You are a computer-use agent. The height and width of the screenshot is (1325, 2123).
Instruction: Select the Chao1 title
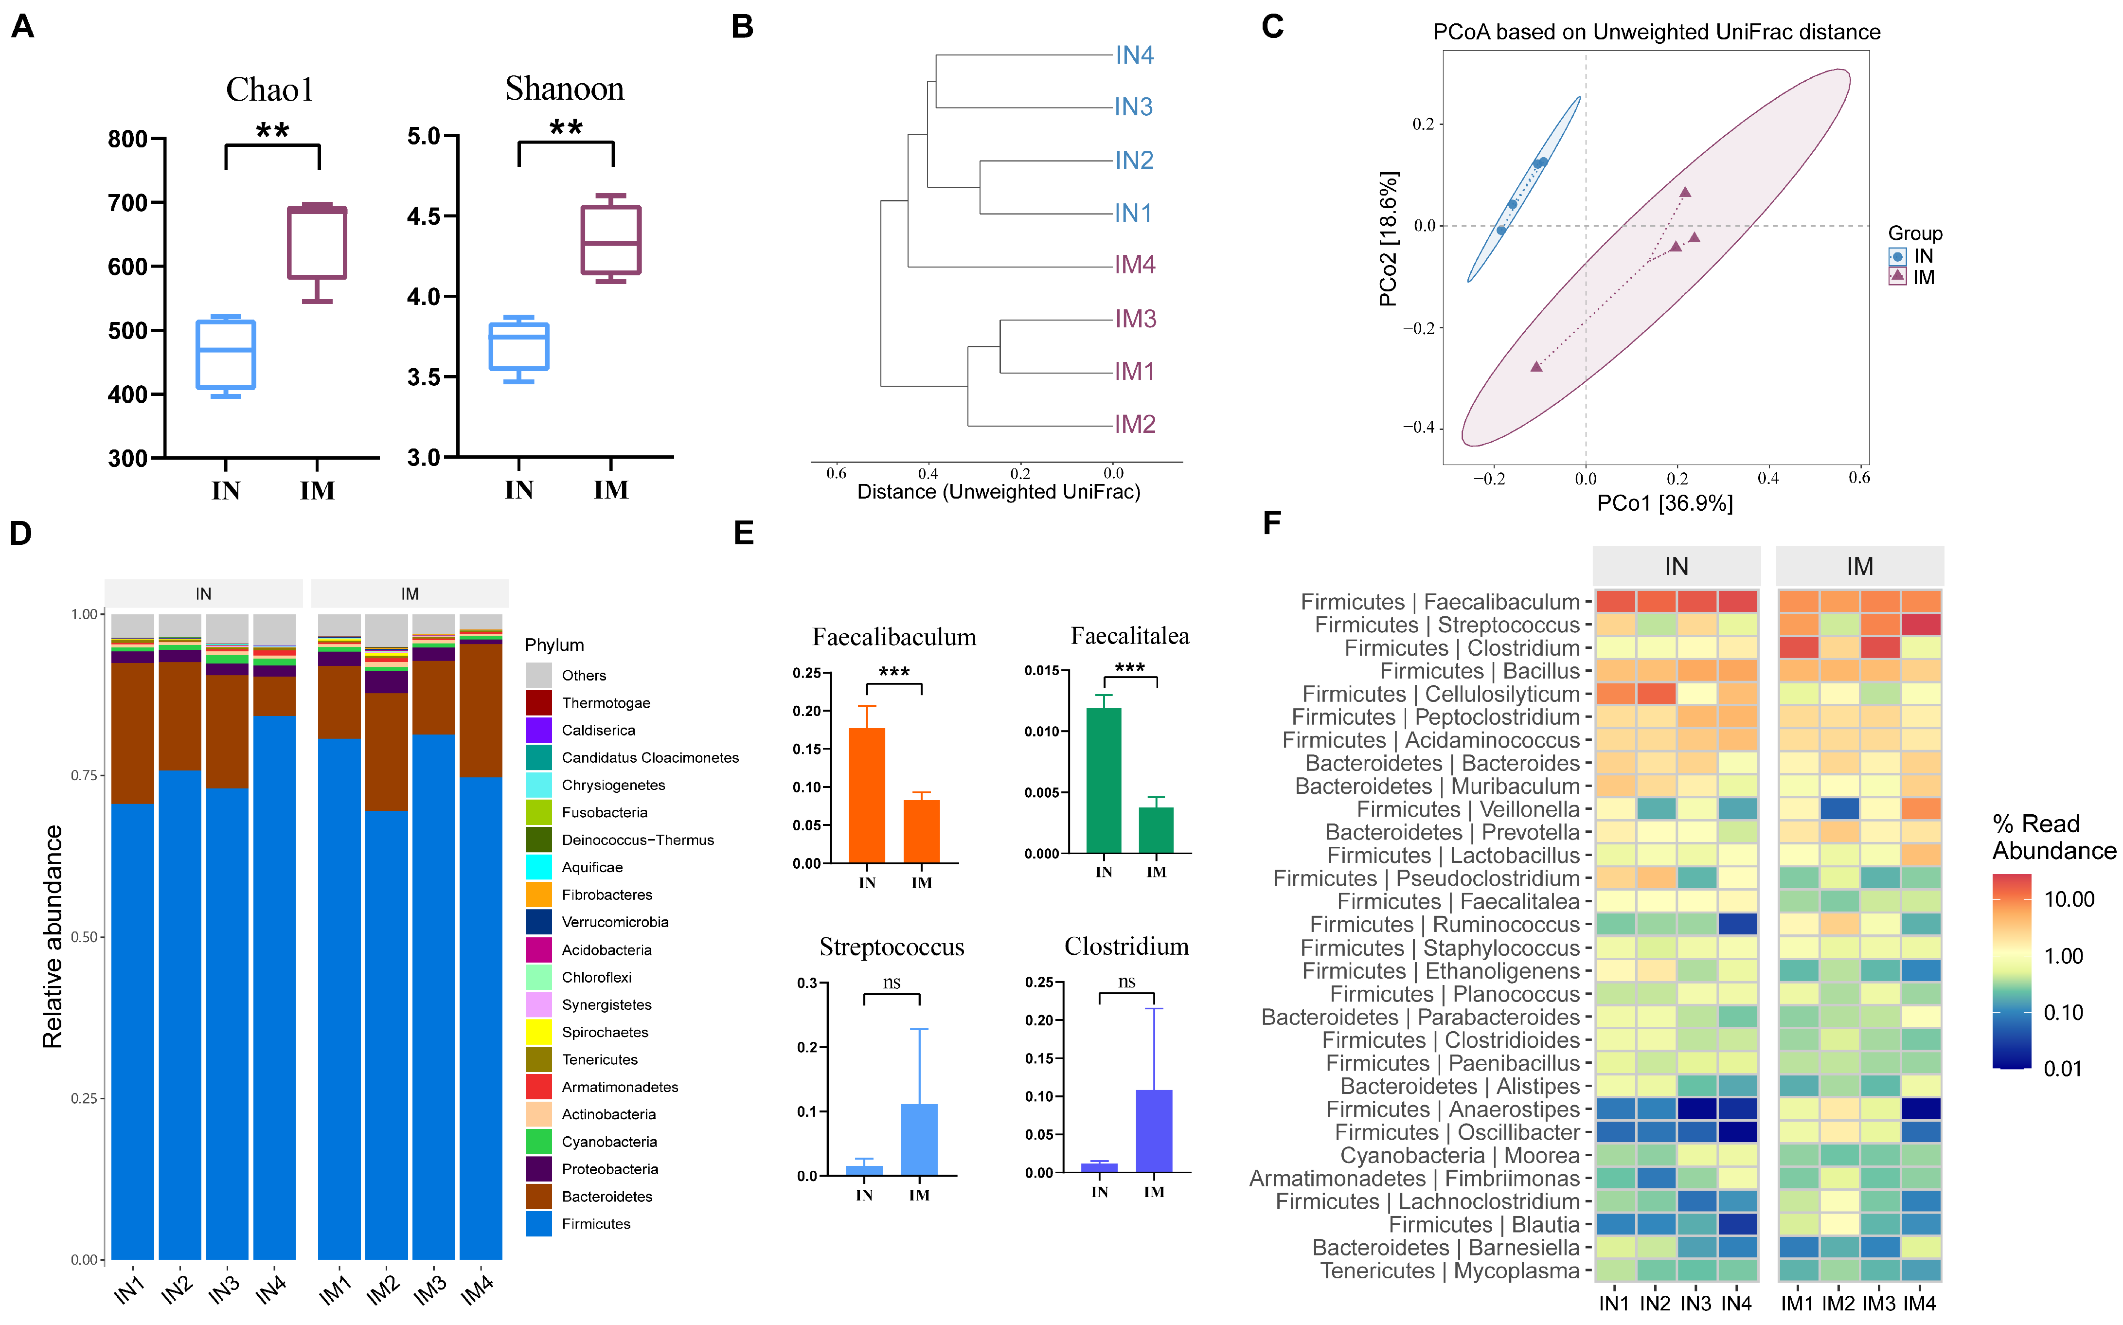point(269,90)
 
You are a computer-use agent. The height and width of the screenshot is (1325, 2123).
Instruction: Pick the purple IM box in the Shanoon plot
point(611,240)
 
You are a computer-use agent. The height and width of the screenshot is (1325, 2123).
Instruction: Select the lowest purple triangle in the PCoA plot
point(1536,366)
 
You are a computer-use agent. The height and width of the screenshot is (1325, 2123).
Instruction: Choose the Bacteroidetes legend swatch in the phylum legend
point(539,1196)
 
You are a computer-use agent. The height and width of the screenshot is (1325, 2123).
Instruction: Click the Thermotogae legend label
point(606,703)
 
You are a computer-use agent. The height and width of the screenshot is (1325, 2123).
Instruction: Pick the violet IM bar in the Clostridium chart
point(1154,1130)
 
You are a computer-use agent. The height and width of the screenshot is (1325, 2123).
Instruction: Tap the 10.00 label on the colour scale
point(2069,899)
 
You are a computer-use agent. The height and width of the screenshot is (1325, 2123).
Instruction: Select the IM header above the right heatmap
point(1859,566)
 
